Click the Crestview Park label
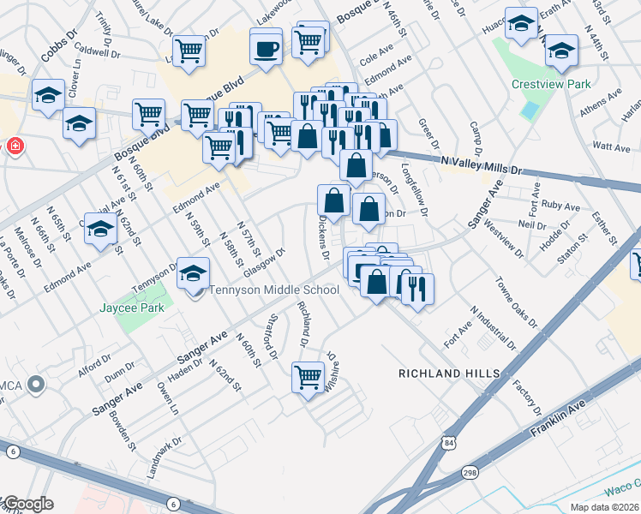pos(551,85)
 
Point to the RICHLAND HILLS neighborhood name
pos(449,374)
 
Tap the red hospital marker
pos(14,146)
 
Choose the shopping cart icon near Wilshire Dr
pos(307,377)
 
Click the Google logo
pos(28,504)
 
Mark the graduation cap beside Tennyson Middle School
pos(194,273)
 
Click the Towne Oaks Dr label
pos(516,302)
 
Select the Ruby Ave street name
pos(560,206)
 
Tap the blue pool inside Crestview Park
pos(530,111)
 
